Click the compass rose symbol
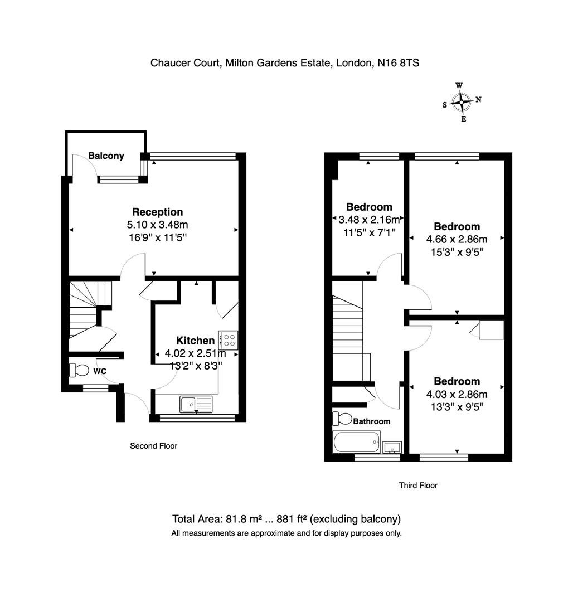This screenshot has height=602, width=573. (462, 101)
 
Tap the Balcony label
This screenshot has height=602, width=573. (106, 156)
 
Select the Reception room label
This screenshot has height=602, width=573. (157, 212)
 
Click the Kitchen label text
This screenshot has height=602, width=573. (195, 341)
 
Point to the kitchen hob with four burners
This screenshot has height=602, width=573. (228, 339)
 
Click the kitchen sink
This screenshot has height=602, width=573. (196, 403)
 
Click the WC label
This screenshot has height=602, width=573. (100, 371)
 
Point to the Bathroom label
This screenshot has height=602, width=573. (371, 421)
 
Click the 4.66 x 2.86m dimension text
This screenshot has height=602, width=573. (457, 239)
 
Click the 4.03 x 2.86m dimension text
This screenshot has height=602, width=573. (457, 394)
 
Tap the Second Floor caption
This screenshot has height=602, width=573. (153, 446)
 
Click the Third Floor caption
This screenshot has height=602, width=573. (418, 486)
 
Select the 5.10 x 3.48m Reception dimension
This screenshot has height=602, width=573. (157, 225)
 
